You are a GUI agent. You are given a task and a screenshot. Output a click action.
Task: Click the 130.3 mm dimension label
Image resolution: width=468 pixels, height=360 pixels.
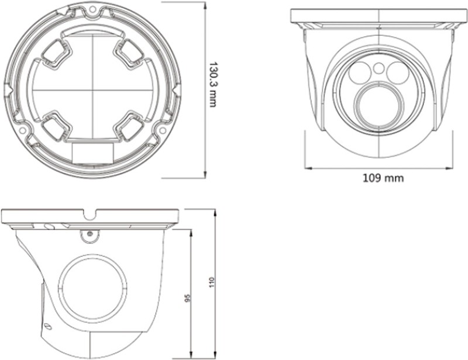(x=212, y=85)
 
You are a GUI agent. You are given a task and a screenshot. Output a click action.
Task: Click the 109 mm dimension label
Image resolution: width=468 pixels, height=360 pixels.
(x=383, y=178)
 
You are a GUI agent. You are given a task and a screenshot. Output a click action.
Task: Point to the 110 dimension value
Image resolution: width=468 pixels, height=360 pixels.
(x=212, y=282)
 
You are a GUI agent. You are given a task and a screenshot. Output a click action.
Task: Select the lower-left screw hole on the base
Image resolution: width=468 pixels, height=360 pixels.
(x=22, y=130)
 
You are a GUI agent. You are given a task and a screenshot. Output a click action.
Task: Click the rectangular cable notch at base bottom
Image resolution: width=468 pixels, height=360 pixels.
(x=93, y=153)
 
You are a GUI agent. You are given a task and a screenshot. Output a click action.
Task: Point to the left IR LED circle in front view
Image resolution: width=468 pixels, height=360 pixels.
(x=360, y=72)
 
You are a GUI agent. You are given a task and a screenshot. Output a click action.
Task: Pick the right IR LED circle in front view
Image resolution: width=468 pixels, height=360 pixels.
(x=398, y=72)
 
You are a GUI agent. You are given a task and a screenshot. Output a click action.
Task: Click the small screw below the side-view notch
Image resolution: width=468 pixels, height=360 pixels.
(x=90, y=234)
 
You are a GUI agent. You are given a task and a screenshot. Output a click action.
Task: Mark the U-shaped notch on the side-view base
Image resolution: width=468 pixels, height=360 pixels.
(x=90, y=215)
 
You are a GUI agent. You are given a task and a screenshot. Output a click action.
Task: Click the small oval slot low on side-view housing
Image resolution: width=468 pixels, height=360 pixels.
(x=47, y=327)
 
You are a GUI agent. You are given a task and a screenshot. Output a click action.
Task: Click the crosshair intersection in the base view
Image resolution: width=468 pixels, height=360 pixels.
(x=93, y=90)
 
